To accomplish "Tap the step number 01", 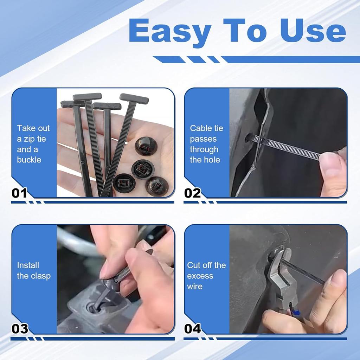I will (x=20, y=193).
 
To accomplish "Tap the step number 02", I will (x=193, y=193).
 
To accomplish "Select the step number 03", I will (x=20, y=329).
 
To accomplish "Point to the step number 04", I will (x=193, y=329).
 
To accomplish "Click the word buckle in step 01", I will (x=29, y=160).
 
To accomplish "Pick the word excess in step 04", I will (x=200, y=276).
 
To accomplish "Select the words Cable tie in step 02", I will (x=207, y=128).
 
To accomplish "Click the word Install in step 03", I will (x=28, y=265).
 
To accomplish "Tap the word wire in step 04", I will (x=195, y=287).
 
